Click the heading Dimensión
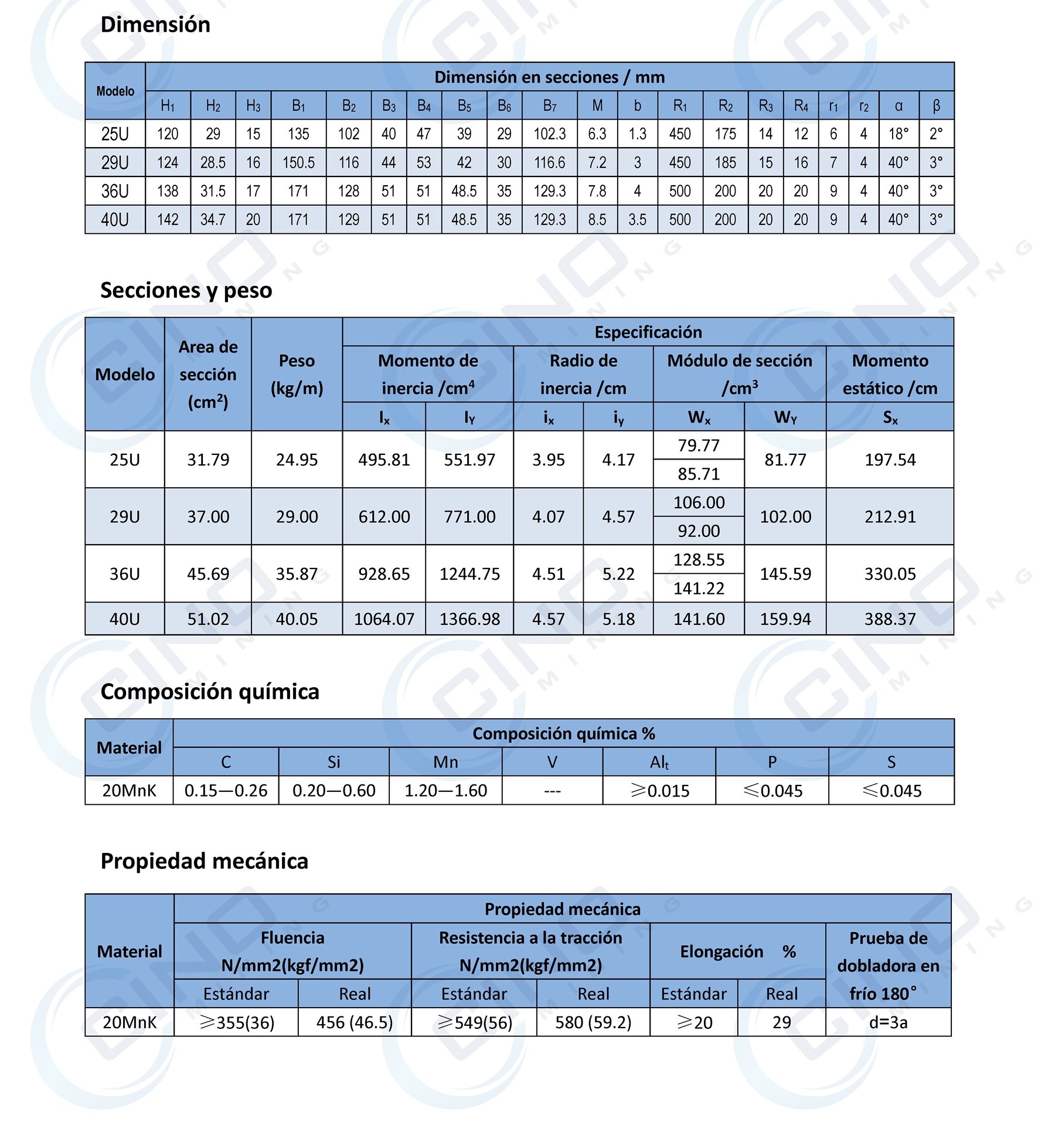point(155,25)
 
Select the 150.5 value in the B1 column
point(298,162)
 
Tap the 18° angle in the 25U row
point(898,134)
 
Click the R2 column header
point(725,106)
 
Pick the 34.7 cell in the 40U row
point(213,219)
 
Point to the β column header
point(936,106)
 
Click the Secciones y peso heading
point(186,290)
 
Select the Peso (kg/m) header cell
point(297,374)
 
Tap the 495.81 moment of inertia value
point(384,460)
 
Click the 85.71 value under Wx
point(699,474)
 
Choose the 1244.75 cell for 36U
point(469,574)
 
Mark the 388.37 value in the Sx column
point(890,619)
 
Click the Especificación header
point(648,332)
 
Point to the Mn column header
point(445,762)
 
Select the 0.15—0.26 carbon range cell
point(226,791)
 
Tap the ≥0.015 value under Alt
point(659,791)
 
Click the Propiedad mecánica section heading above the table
point(204,861)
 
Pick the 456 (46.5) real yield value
point(355,1022)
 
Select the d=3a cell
point(888,1022)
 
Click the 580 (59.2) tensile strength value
point(593,1022)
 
